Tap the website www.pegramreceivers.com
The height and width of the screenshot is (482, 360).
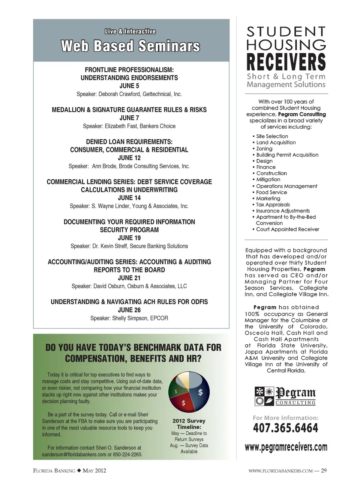point(286,447)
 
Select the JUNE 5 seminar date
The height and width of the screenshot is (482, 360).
point(129,86)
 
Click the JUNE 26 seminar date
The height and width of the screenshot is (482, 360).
point(129,310)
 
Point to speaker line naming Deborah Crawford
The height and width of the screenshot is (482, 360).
point(129,94)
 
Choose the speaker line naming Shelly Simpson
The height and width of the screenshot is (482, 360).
point(129,318)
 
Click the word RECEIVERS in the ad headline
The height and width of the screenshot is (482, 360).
point(286,62)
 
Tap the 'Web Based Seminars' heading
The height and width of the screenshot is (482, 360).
point(130,46)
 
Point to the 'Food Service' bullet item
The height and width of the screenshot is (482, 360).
point(271,192)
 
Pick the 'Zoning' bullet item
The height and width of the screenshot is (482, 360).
point(264,149)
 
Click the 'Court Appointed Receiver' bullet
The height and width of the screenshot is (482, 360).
point(288,229)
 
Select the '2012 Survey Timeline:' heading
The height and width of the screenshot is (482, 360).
point(189,424)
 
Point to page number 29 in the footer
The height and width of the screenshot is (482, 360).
point(324,470)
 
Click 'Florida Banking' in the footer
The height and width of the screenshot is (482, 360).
point(54,470)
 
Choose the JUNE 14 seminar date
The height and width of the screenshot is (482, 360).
point(129,198)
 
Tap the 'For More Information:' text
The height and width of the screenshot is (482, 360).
point(285,418)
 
